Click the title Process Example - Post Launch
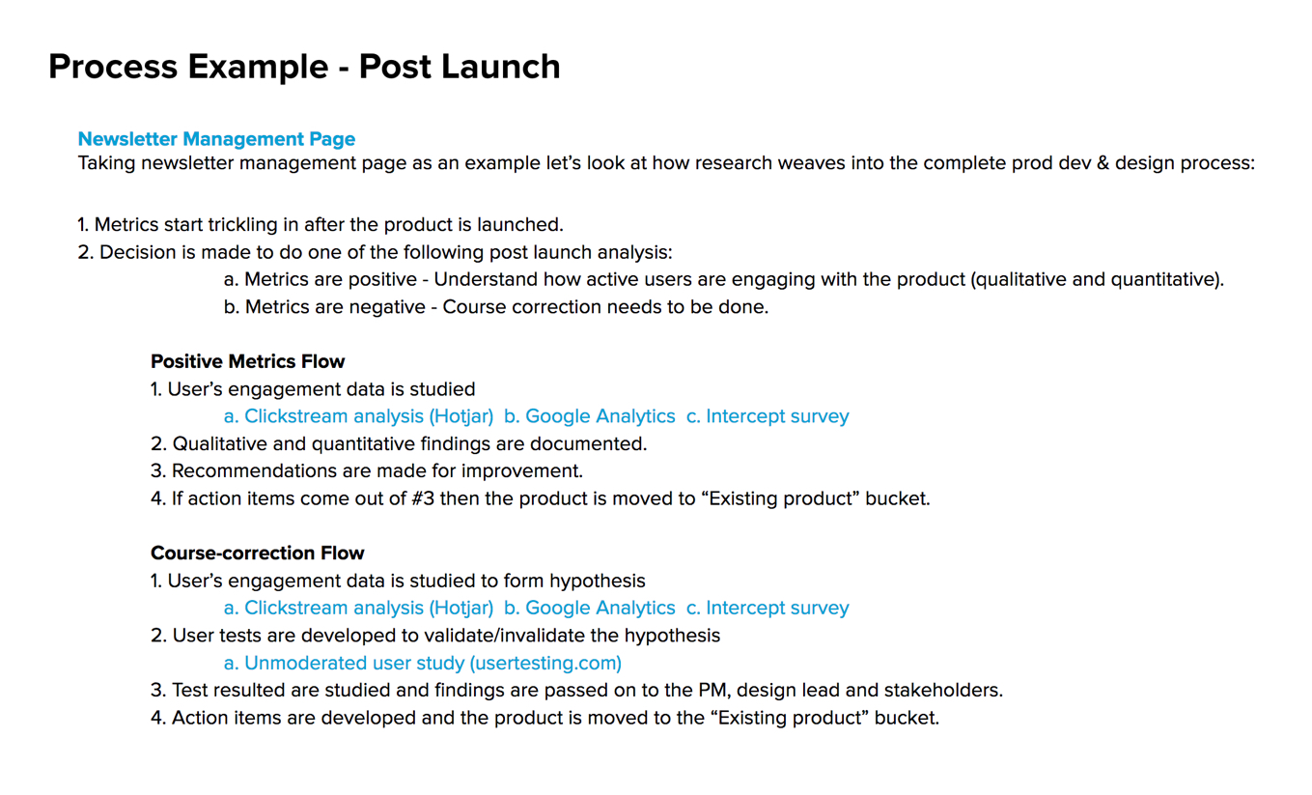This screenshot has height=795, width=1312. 304,67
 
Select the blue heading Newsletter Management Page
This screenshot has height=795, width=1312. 216,139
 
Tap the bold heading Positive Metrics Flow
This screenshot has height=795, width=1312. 248,361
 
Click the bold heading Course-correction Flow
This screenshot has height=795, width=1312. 257,554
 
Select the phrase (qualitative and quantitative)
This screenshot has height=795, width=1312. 1097,279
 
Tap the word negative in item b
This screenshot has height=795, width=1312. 386,307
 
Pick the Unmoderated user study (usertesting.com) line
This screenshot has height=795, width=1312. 423,664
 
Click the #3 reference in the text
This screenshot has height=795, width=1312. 423,498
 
